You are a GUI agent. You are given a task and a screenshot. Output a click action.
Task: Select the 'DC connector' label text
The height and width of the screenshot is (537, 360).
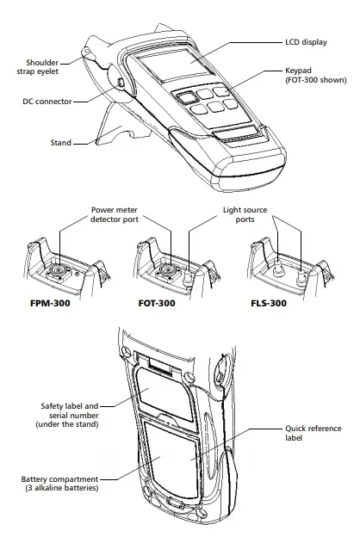coord(47,101)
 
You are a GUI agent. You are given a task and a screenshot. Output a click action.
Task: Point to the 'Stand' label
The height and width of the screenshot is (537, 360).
coord(61,142)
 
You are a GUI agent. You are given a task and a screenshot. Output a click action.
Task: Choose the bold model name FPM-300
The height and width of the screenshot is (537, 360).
coord(48,304)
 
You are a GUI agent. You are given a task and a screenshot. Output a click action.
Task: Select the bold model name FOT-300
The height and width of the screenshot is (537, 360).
coord(158,304)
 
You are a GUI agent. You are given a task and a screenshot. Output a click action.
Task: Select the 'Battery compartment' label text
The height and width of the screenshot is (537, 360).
coord(60,478)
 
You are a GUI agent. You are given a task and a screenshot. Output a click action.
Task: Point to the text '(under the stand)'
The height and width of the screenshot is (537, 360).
coord(69,424)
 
